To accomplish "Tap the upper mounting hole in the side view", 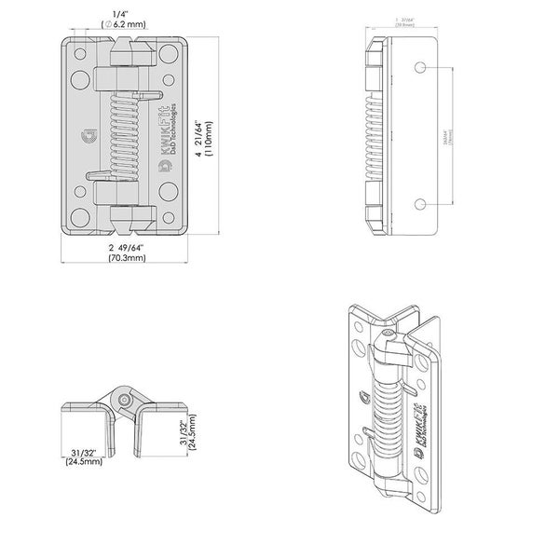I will (420, 68).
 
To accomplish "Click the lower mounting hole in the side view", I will (420, 204).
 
